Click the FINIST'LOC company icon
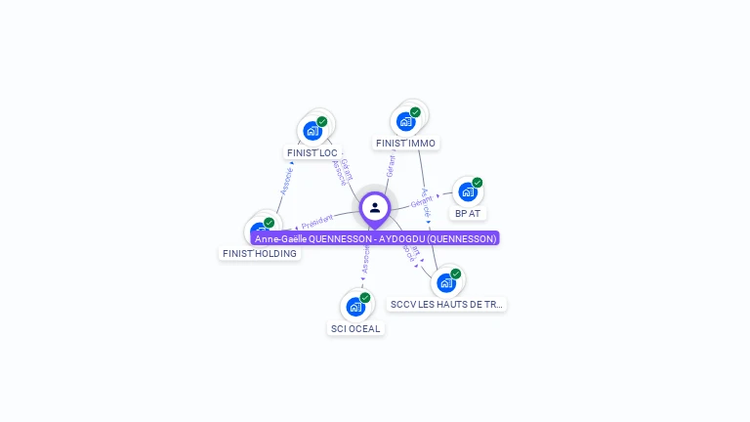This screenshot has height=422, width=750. pos(312,130)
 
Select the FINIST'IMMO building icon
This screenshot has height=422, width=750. pos(405,121)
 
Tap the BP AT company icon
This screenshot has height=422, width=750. pos(467,191)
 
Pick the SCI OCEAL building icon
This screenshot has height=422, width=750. pos(355,307)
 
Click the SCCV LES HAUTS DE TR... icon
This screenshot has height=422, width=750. pos(446,283)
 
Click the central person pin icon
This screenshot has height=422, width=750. pos(375,208)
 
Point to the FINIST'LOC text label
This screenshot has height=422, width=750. pos(312,153)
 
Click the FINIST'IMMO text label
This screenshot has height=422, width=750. pos(405,144)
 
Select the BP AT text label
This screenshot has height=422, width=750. pos(468,213)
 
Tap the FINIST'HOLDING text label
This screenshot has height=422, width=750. pos(260,254)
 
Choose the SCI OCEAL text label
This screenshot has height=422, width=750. pos(355,329)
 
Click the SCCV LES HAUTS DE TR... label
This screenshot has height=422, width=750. pos(446,305)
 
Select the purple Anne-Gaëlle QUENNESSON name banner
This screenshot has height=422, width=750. pos(376,238)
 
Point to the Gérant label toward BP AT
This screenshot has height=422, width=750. pos(422,202)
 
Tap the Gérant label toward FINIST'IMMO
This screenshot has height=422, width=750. pos(391,166)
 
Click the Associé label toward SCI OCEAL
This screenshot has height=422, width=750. pos(365,259)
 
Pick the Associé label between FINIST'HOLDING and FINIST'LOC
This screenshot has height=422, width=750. pos(286,180)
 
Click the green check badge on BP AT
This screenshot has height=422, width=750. pos(478,183)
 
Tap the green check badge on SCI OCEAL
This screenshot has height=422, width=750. pos(365,298)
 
